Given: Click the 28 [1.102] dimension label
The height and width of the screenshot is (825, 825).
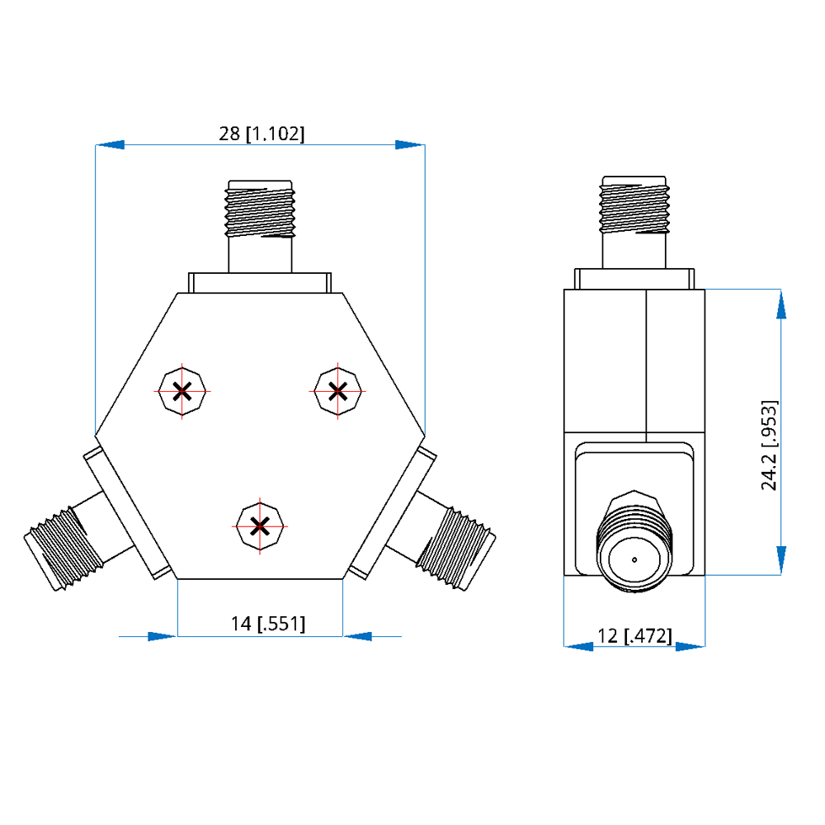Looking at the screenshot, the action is point(262,134).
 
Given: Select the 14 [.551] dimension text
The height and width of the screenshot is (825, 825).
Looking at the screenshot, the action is point(268,624).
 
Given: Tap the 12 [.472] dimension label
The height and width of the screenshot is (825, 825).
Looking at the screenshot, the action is point(634,636).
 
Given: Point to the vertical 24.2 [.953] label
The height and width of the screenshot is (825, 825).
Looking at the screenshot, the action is point(769,445).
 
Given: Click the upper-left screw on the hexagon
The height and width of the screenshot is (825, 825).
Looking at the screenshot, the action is point(182,391).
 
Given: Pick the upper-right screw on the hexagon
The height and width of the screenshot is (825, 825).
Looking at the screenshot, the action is point(337,391).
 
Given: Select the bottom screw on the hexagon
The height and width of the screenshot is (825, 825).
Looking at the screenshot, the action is point(260,526).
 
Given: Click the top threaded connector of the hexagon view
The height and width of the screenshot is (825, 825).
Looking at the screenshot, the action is point(260,226).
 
